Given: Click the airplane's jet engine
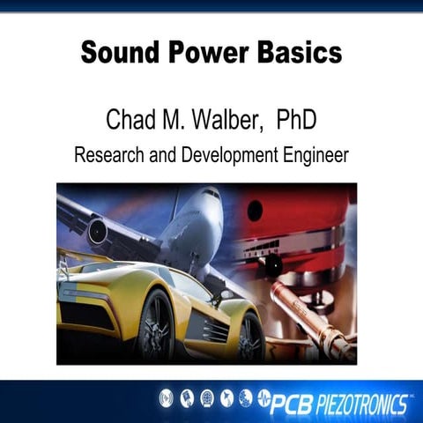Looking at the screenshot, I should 96,231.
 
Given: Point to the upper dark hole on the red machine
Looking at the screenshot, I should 255,211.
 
